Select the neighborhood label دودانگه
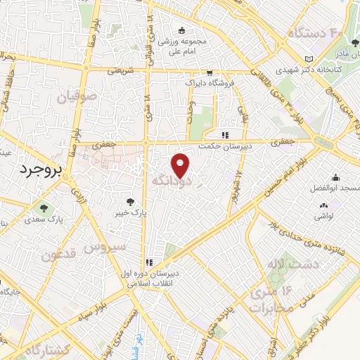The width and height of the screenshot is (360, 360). click(169, 181)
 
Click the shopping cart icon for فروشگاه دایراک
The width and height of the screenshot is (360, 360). click(209, 72)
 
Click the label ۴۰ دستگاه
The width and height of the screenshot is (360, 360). click(314, 32)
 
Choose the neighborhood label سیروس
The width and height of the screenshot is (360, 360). click(105, 247)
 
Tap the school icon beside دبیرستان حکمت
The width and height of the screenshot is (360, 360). click(225, 135)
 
